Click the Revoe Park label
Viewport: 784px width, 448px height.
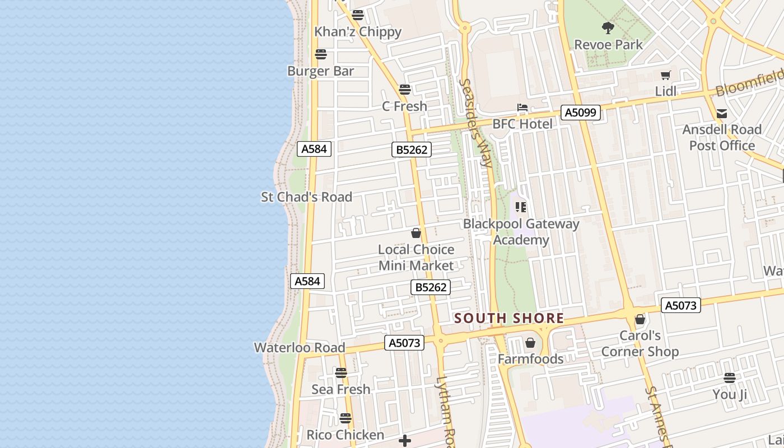point(608,44)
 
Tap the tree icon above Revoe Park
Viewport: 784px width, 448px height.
point(608,28)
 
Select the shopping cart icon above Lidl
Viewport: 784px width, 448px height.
point(665,76)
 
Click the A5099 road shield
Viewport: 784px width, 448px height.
point(580,113)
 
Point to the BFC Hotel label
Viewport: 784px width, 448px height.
point(522,124)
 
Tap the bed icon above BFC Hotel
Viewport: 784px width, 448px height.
point(522,108)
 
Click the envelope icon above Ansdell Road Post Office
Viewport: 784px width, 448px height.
point(722,114)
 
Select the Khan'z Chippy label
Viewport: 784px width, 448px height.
point(357,32)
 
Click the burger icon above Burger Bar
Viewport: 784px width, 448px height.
point(320,54)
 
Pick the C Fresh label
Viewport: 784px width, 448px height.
point(404,106)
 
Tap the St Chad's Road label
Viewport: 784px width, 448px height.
point(306,197)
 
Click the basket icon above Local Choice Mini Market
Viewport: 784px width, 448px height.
point(416,233)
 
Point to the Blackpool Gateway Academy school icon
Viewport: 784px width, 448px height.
point(521,208)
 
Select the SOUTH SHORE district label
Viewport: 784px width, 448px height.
point(508,318)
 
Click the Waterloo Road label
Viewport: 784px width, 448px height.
point(300,348)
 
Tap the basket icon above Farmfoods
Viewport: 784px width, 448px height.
point(530,343)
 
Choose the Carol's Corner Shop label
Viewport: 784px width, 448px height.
point(640,344)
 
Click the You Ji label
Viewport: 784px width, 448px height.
point(729,394)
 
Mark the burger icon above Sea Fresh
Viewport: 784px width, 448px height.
point(340,373)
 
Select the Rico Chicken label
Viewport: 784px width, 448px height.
point(345,435)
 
